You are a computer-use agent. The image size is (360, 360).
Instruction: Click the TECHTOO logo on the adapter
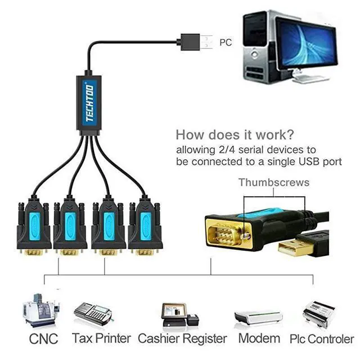coord(90,102)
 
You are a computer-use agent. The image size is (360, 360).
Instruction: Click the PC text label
coord(226,42)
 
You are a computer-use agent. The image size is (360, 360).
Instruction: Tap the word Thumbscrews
coord(274,182)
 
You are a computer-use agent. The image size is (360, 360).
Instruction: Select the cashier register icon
coord(179,315)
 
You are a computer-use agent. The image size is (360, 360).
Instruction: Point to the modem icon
coord(258,318)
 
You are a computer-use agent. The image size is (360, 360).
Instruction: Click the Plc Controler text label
coord(322,339)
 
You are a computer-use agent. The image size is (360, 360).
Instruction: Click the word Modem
coord(259,339)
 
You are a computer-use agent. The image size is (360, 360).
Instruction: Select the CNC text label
coord(43,339)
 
